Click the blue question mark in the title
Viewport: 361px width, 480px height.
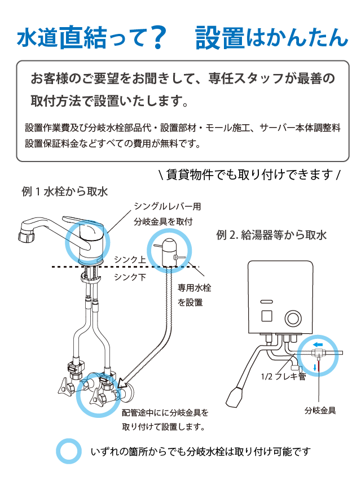click(x=159, y=37)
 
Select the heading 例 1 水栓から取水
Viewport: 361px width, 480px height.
click(x=64, y=191)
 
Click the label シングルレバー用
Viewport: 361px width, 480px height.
click(x=167, y=207)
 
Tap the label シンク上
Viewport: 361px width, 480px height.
click(x=130, y=259)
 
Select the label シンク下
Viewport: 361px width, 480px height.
click(x=130, y=277)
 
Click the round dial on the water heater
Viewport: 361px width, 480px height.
click(x=293, y=318)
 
